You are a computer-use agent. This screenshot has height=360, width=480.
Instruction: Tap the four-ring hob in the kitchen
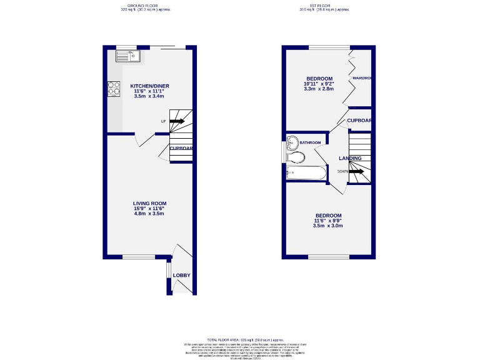click(114, 89)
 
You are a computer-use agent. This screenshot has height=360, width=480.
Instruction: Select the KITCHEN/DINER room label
click(149, 86)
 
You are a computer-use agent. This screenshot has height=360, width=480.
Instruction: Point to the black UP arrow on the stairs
click(177, 121)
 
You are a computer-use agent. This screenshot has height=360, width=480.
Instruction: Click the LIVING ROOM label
click(149, 203)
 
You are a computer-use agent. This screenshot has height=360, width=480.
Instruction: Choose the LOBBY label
click(182, 276)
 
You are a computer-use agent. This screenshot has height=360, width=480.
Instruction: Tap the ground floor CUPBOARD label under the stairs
click(181, 148)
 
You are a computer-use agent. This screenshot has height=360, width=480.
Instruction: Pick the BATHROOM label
click(310, 142)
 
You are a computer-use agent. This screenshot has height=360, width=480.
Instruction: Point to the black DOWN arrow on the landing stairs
click(356, 171)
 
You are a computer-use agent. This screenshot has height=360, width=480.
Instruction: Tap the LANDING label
click(351, 158)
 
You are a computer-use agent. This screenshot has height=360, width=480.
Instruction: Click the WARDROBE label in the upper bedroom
click(362, 78)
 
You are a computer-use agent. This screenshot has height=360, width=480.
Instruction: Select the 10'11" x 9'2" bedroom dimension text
click(319, 83)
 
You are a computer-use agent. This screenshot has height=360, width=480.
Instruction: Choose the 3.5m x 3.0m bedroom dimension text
click(328, 226)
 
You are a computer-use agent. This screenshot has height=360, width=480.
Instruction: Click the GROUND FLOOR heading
click(144, 6)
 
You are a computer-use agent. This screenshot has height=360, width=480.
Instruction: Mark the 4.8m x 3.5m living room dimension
click(149, 214)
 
